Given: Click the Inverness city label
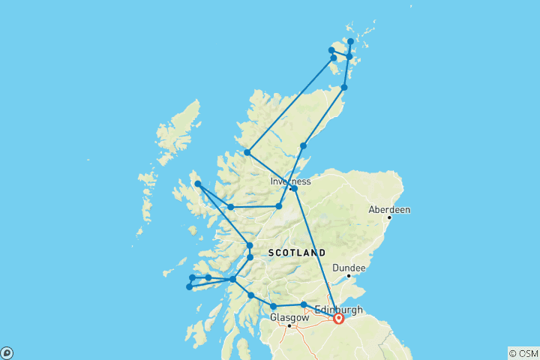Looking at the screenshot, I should (x=289, y=181).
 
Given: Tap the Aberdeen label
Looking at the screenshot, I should (x=389, y=210).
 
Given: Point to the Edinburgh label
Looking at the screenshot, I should (x=339, y=309).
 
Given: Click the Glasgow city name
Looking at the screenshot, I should (x=289, y=317).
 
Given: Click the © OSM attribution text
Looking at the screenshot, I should (x=523, y=353).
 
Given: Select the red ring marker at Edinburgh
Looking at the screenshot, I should (x=338, y=318).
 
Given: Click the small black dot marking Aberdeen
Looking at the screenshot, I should (x=390, y=218).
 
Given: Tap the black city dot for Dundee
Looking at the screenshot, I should (x=348, y=276).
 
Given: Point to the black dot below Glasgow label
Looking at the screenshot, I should (x=289, y=325).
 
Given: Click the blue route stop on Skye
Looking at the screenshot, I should (x=198, y=184).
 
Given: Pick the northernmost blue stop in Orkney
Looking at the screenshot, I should (x=351, y=41).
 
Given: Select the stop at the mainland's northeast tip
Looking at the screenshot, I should (x=344, y=88).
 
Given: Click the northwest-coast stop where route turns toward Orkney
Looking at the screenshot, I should (x=247, y=152).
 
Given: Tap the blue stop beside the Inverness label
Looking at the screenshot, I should (x=294, y=188).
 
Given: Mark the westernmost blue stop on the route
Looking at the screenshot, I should (x=189, y=286).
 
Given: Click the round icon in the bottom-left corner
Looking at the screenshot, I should (x=6, y=353).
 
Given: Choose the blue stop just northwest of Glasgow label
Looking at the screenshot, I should (x=274, y=306).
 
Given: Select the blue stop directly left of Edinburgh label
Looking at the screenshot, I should (x=304, y=304).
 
